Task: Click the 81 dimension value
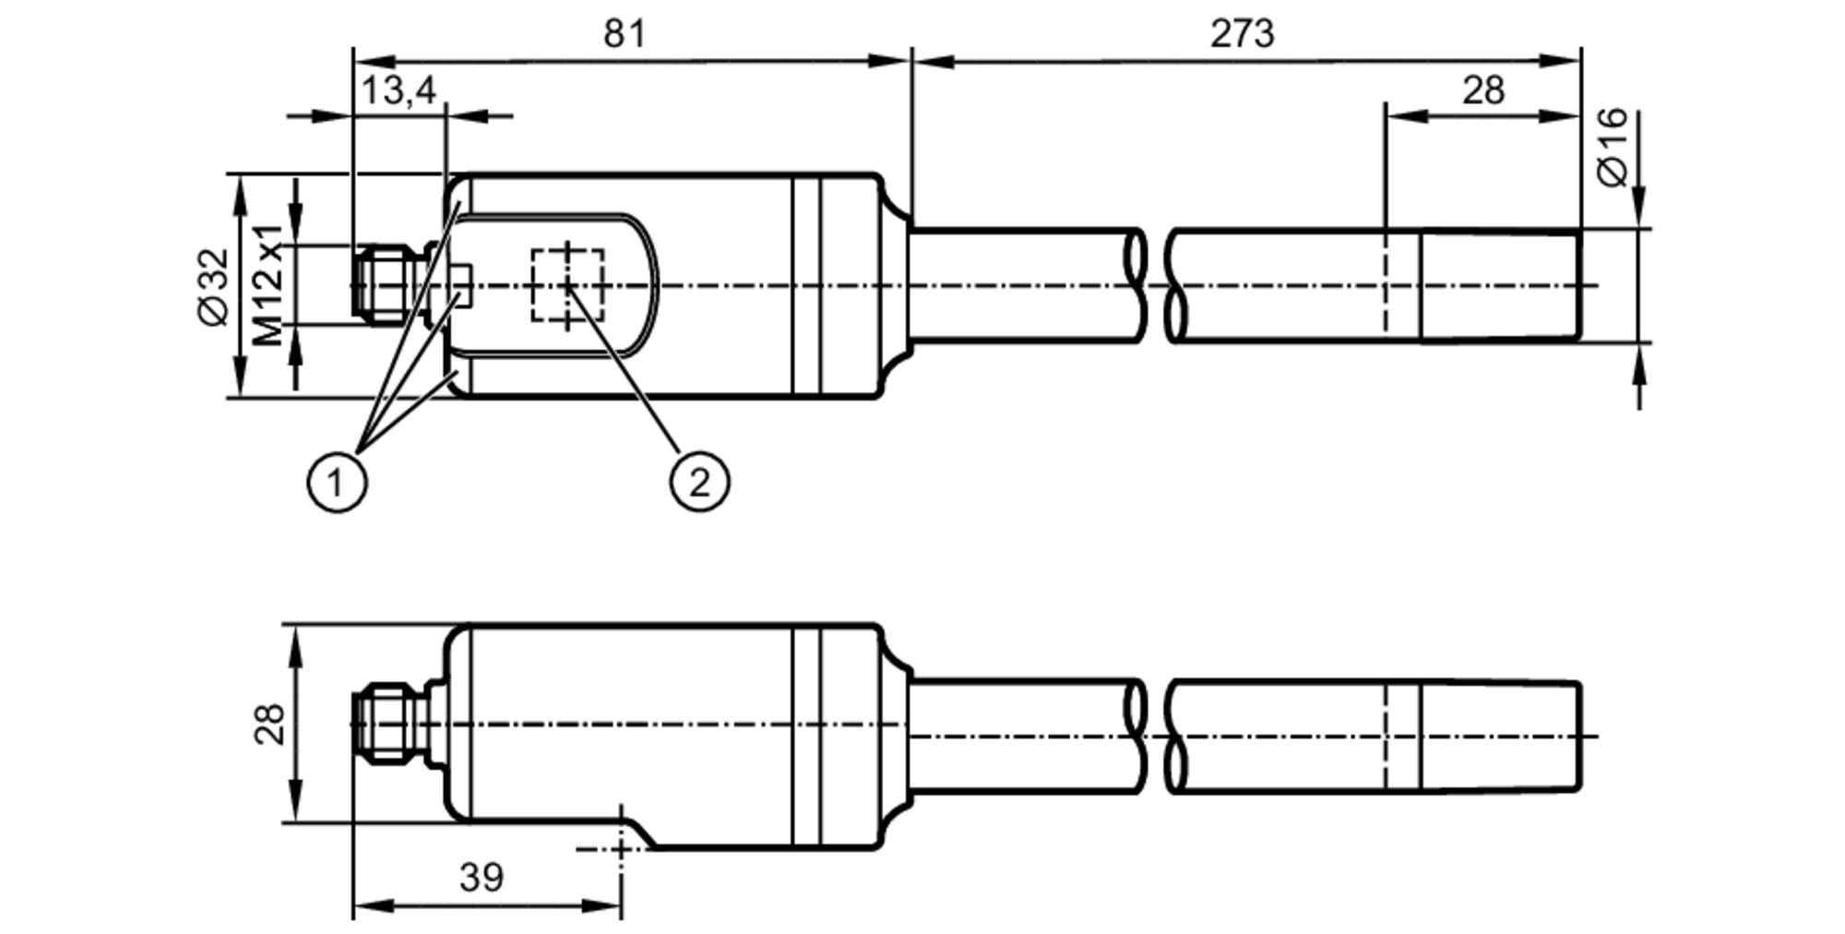[625, 34]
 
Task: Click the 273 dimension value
[1242, 34]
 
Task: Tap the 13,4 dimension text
[398, 91]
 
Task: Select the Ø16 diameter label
[1613, 148]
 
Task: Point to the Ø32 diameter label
[213, 286]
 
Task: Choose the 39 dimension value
[481, 878]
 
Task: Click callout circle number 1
[336, 482]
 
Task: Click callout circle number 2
[699, 482]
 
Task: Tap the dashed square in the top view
[567, 285]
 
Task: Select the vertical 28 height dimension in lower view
[269, 724]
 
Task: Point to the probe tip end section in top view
[1500, 285]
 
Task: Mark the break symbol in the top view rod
[1155, 285]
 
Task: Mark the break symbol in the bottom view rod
[1155, 736]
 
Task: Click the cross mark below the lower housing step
[621, 847]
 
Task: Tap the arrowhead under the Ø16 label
[1638, 211]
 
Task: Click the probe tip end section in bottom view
[1500, 736]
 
